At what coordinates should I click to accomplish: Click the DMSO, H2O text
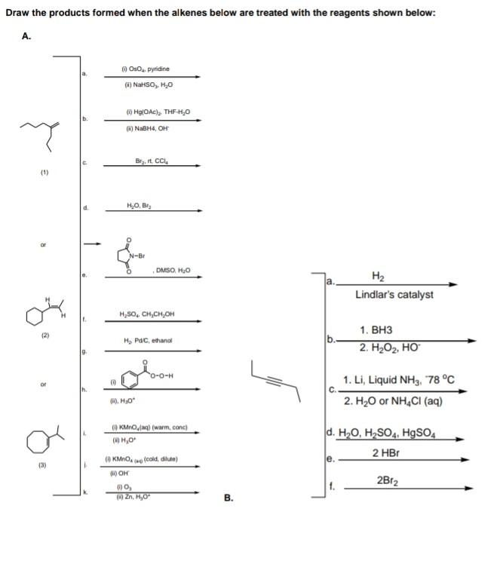[x=174, y=271]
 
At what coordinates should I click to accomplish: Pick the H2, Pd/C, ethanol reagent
[x=149, y=342]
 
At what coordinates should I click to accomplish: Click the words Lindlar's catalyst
[x=394, y=294]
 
